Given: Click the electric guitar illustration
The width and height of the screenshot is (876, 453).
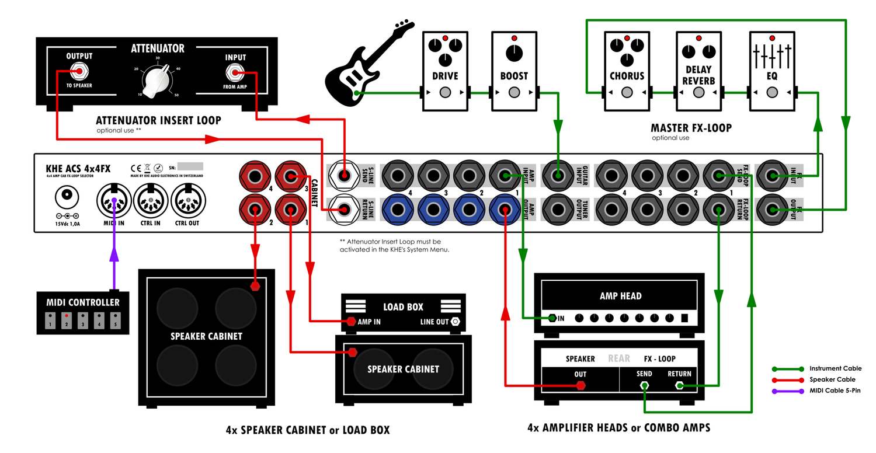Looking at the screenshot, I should pyautogui.click(x=362, y=64).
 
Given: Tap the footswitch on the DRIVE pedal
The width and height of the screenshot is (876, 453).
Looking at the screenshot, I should pyautogui.click(x=445, y=93).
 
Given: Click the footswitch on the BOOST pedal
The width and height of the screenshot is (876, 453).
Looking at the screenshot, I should pyautogui.click(x=514, y=93).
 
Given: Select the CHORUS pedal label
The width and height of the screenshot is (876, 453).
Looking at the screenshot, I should pyautogui.click(x=627, y=76).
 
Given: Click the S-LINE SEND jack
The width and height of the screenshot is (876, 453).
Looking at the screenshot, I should pyautogui.click(x=344, y=175).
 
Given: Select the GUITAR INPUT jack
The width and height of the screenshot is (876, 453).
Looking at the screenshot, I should pyautogui.click(x=559, y=175).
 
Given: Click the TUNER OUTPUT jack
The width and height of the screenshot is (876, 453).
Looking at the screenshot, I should pyautogui.click(x=559, y=208).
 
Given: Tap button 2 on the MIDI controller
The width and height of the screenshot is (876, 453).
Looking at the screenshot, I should pyautogui.click(x=67, y=322).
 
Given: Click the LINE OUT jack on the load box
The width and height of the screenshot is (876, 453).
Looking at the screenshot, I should pyautogui.click(x=456, y=322).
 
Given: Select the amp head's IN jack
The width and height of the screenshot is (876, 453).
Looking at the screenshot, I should pyautogui.click(x=551, y=318).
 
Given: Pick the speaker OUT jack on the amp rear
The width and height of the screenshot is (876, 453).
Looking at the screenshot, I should pyautogui.click(x=580, y=386).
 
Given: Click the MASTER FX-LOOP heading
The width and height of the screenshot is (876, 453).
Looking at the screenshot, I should pyautogui.click(x=691, y=128).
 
